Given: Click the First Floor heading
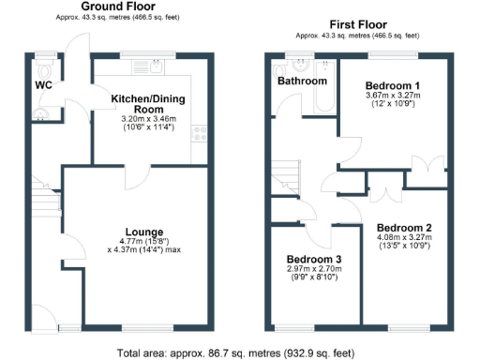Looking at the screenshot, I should pos(361,22).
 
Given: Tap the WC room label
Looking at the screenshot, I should pos(43,84).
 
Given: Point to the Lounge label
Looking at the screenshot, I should pos(145,232).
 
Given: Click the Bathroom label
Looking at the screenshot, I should pos(300,81).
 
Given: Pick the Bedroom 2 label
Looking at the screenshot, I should pos(404,228).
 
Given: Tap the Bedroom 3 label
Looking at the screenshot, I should pos(314,259).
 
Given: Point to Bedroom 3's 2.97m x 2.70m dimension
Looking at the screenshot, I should pos(314,269).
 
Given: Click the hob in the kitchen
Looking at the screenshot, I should pos(198,133).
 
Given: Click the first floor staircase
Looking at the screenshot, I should pos(285,173).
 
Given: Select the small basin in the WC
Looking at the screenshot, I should pos(38,113).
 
